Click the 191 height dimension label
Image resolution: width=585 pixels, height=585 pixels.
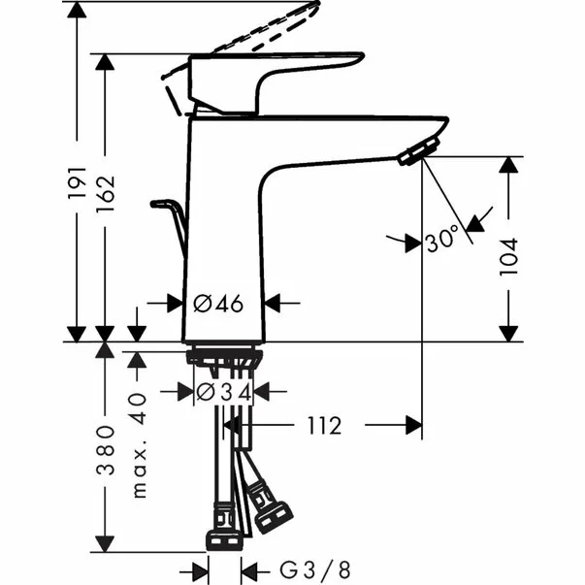pos(78,185)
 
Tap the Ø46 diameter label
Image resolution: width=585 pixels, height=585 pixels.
pos(218,304)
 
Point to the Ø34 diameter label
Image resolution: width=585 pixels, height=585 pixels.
pos(224,392)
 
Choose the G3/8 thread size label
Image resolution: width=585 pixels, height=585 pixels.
pos(303,568)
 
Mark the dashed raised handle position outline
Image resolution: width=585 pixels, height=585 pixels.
pos(262,29)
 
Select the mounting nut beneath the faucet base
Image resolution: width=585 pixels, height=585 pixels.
pos(223,357)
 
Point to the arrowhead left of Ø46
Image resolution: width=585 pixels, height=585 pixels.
pos(170,304)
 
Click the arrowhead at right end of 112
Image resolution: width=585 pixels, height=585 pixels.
pos(411,426)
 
